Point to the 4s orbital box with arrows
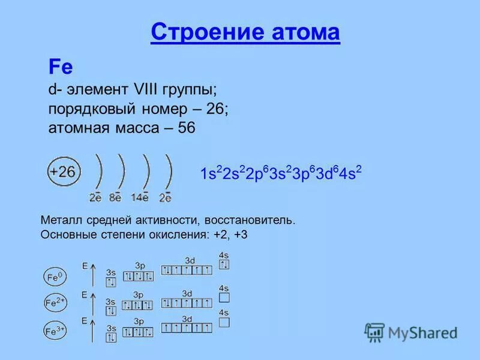pyautogui.click(x=224, y=265)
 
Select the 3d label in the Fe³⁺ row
pyautogui.click(x=187, y=319)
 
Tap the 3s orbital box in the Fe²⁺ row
pyautogui.click(x=111, y=310)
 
